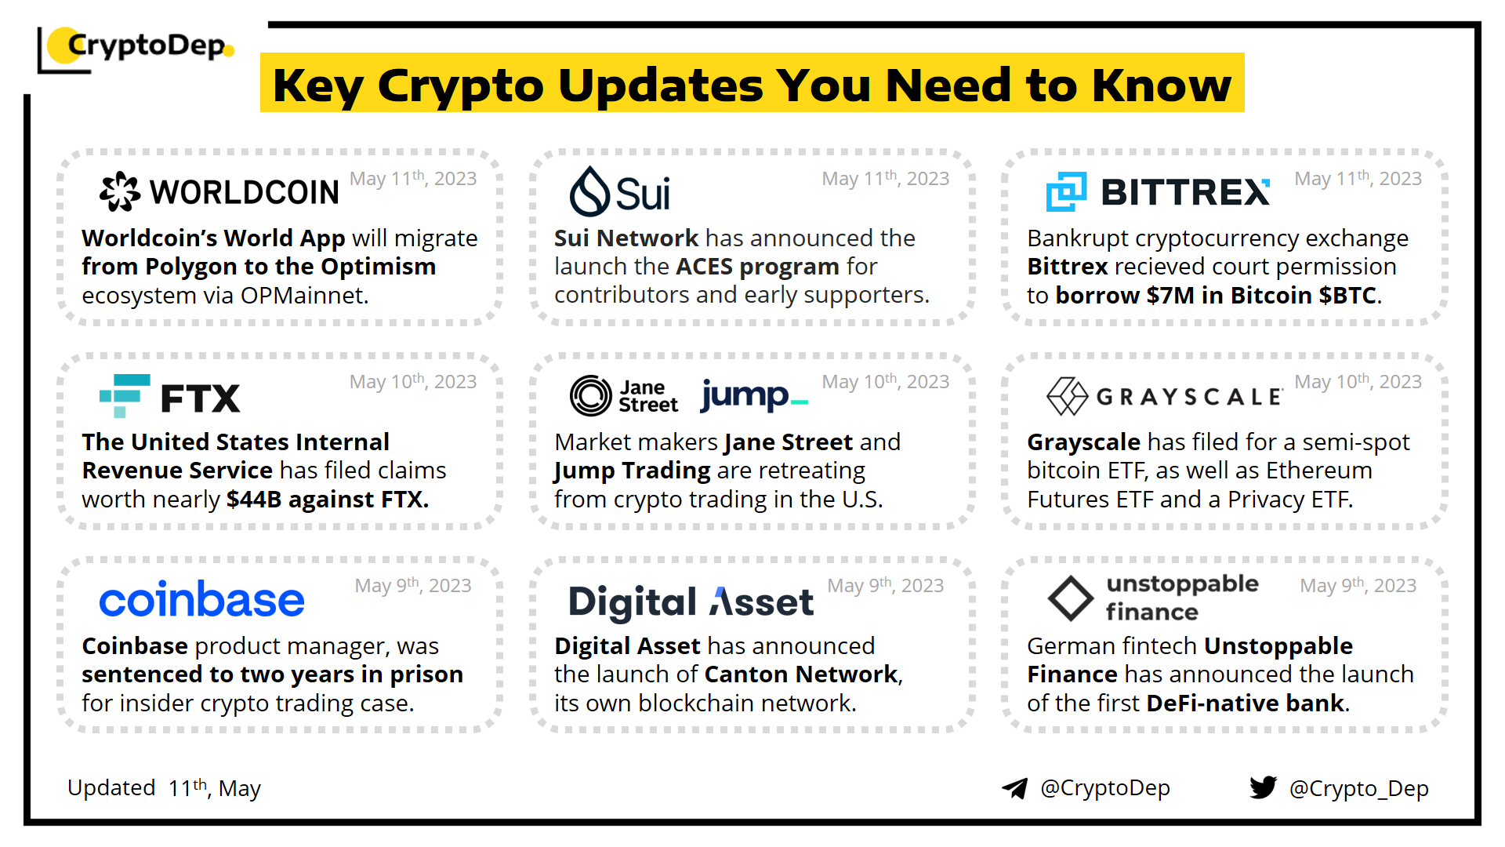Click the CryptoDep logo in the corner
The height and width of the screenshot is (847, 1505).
pos(136,49)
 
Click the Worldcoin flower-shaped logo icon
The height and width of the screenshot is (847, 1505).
pos(120,191)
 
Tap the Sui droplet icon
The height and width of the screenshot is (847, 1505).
pos(589,191)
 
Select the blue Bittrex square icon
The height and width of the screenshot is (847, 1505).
pos(1066,191)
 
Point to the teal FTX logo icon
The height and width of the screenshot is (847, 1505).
pos(125,396)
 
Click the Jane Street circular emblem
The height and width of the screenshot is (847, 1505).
pos(590,395)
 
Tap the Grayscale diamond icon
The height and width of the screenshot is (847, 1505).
pos(1067,396)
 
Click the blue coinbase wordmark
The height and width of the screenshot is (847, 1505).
pos(201,600)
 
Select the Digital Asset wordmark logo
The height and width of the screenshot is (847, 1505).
pos(691,602)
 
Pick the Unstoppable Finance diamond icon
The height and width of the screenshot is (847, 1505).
pos(1071,598)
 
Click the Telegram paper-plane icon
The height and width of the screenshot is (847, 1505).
pos(1014,788)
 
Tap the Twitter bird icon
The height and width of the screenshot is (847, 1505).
pos(1263,787)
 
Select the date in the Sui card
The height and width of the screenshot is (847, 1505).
pos(886,179)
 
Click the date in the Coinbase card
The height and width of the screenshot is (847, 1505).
pos(413,586)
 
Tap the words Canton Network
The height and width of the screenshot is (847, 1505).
pos(801,674)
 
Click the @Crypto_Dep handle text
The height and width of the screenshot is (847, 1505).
pos(1359,789)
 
